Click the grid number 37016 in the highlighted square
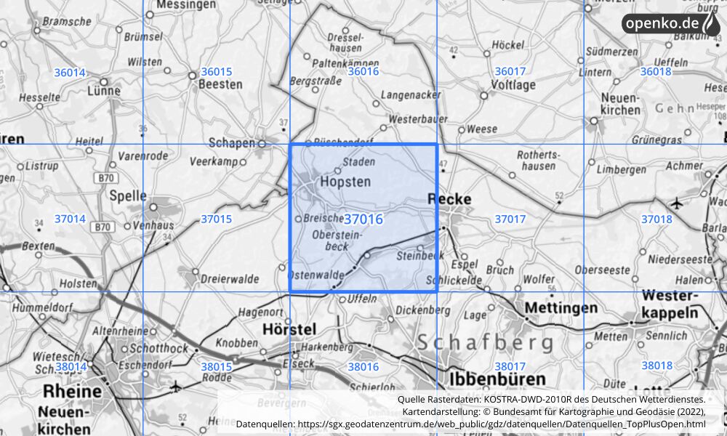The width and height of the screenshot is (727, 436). (363, 219)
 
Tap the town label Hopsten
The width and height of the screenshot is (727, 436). (345, 181)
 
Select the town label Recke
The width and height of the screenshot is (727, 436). (449, 198)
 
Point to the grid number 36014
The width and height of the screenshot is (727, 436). (70, 72)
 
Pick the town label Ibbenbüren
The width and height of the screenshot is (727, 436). (497, 379)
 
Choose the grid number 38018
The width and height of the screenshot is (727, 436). (656, 366)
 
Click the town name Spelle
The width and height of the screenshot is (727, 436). (128, 195)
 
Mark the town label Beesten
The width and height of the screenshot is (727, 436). (221, 84)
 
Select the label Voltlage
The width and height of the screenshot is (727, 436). (513, 84)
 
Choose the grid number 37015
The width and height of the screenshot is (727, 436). (216, 219)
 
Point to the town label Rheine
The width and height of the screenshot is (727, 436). (72, 391)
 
